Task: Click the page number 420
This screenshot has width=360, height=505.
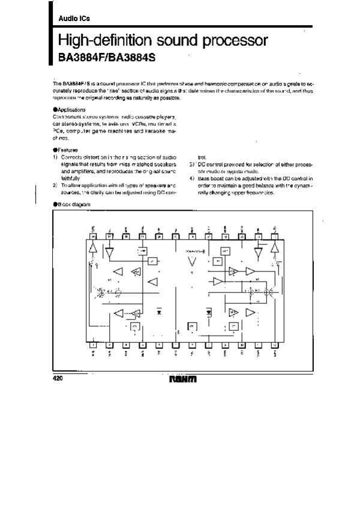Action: tap(58, 380)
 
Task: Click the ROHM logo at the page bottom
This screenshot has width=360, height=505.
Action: tap(183, 380)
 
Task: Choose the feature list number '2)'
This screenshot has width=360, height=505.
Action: tap(55, 186)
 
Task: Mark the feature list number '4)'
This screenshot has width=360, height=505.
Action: tap(191, 179)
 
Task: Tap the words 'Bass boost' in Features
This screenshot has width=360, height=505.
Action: tap(210, 179)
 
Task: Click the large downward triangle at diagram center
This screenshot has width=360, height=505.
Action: tap(192, 262)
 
